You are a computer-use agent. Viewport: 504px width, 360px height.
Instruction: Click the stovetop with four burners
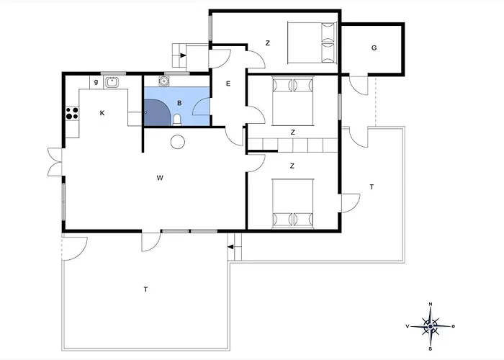[x=72, y=114]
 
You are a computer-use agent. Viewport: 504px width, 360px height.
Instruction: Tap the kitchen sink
[x=112, y=82]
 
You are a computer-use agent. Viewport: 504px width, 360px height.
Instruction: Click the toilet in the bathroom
[x=177, y=120]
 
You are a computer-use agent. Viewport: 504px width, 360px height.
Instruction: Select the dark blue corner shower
[x=156, y=112]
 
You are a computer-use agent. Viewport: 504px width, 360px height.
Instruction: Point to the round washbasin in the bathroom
[x=164, y=81]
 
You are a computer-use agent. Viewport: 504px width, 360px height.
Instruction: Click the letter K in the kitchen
[x=102, y=113]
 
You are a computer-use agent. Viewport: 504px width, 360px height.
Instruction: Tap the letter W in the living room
[x=160, y=178]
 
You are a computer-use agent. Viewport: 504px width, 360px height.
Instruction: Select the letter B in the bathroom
[x=179, y=103]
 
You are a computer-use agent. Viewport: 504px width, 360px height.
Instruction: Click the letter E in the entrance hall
[x=228, y=84]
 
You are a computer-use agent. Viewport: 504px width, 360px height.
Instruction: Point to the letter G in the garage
[x=374, y=48]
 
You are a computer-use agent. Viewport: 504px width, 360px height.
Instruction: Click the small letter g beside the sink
[x=96, y=82]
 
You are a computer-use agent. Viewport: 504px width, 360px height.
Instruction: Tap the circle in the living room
[x=177, y=142]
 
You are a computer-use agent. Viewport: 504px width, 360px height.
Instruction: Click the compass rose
[x=431, y=327]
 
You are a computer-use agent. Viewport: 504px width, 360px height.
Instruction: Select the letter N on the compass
[x=431, y=304]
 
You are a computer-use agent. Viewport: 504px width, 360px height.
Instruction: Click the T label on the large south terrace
[x=145, y=289]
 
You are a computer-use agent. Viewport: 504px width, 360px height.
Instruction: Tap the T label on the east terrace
[x=372, y=186]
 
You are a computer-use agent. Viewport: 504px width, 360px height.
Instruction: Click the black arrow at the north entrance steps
[x=183, y=55]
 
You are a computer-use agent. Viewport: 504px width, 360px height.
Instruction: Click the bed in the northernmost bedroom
[x=312, y=42]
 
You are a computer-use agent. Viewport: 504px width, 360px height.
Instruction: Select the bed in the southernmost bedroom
[x=292, y=204]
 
